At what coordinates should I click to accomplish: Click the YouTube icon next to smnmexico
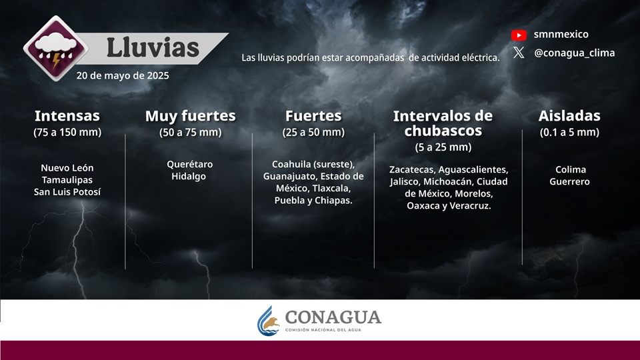pos(519,35)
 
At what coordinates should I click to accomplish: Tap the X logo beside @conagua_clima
pos(519,52)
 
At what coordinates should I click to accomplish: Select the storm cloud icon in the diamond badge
pos(56,49)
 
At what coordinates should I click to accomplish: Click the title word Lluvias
pos(153,48)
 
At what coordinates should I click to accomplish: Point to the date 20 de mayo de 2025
pos(123,75)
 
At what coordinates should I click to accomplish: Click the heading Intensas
pos(67,116)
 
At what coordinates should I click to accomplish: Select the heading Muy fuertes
pos(191,116)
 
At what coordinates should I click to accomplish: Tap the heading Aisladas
pos(569,116)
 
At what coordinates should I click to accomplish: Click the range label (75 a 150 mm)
pos(67,132)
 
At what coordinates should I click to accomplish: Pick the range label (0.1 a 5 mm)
pos(569,132)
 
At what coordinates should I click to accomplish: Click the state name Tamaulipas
pos(67,180)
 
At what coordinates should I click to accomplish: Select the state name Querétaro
pos(190,164)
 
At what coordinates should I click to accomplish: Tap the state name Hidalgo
pos(189,176)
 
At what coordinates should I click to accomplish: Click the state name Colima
pos(571,169)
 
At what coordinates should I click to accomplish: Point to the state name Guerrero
pos(569,181)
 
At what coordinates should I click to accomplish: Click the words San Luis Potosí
pos(67,192)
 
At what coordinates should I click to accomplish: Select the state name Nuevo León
pos(67,168)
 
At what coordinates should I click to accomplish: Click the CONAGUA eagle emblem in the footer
pos(269,321)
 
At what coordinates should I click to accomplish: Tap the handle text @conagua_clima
pos(574,53)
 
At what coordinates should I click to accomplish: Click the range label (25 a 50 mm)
pos(313,132)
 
